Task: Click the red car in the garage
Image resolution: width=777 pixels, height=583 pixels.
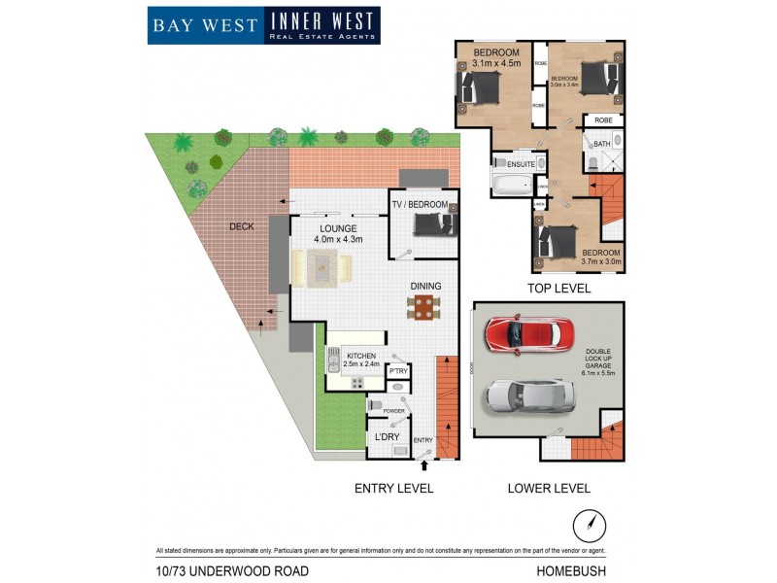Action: (x=525, y=333)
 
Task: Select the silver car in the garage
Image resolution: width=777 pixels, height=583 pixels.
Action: (x=524, y=394)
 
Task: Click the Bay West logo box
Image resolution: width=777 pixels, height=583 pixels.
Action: (x=205, y=25)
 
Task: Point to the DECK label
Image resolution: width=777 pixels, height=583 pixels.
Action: (x=242, y=226)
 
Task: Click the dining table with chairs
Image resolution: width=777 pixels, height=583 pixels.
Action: (x=422, y=308)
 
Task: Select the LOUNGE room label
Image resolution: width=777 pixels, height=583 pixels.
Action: (x=331, y=227)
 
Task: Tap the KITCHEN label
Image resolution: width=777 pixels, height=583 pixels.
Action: (x=360, y=357)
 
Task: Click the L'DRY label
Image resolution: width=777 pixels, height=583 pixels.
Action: (x=388, y=437)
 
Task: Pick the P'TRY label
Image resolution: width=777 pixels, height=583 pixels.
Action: (x=398, y=371)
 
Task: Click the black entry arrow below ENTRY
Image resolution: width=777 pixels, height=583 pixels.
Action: (x=423, y=467)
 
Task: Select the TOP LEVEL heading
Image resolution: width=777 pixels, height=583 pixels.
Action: (x=558, y=289)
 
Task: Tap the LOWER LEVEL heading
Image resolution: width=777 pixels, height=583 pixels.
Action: (x=549, y=488)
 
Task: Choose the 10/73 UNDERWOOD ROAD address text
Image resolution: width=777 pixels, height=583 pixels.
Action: (x=232, y=571)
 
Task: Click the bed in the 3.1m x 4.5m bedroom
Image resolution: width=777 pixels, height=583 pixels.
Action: (x=480, y=89)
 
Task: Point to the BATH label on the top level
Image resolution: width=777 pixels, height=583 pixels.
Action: (x=603, y=145)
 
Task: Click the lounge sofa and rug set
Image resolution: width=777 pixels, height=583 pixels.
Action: (x=324, y=267)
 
